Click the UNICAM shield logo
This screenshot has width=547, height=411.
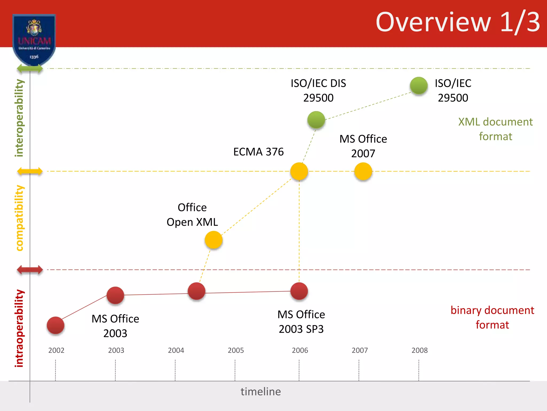click(34, 39)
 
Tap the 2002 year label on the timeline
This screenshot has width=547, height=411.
click(56, 350)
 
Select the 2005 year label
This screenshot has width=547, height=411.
click(236, 350)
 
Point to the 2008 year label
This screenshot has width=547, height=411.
click(419, 350)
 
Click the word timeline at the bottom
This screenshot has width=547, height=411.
click(261, 392)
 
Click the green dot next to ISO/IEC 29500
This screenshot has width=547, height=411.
click(419, 86)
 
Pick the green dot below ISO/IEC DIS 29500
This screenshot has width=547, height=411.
click(316, 120)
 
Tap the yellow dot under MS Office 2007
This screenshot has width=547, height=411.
click(363, 171)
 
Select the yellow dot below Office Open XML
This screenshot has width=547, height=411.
click(213, 240)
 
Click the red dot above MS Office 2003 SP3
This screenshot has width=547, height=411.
click(299, 291)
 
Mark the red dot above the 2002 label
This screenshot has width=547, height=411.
click(56, 325)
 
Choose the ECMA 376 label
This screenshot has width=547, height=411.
click(258, 152)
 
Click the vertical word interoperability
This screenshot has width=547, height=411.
click(19, 118)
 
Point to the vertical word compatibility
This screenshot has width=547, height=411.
click(19, 218)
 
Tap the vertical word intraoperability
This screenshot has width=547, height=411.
click(19, 328)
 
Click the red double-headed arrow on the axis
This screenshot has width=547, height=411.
click(30, 270)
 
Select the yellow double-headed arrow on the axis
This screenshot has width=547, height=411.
click(30, 171)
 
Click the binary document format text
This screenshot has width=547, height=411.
click(492, 317)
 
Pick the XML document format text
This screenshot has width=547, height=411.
click(495, 129)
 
